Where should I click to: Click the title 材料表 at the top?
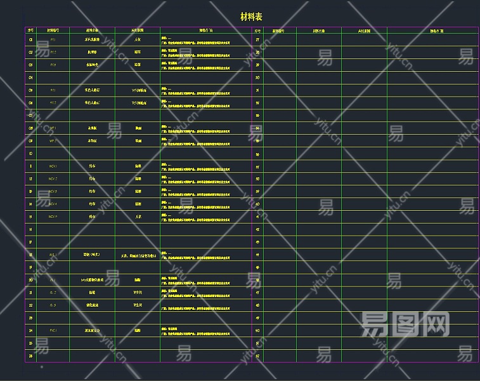(x=251, y=17)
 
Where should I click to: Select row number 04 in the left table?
(x=30, y=77)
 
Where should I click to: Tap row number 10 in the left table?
(x=30, y=153)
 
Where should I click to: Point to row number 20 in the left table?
(x=30, y=279)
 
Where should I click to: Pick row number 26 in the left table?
(x=30, y=356)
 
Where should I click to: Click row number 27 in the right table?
(x=257, y=40)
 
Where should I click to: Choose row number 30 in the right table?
(x=257, y=77)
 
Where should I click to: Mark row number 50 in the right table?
(x=257, y=330)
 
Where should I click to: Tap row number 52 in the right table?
(x=257, y=356)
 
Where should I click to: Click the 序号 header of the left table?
(x=30, y=30)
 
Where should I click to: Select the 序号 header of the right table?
(x=257, y=30)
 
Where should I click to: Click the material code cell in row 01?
(x=53, y=39)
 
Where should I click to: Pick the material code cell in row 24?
(x=53, y=330)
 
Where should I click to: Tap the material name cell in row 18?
(x=93, y=255)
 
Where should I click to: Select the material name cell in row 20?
(x=93, y=279)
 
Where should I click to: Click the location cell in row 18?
(x=138, y=255)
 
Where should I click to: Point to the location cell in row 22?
(x=138, y=305)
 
